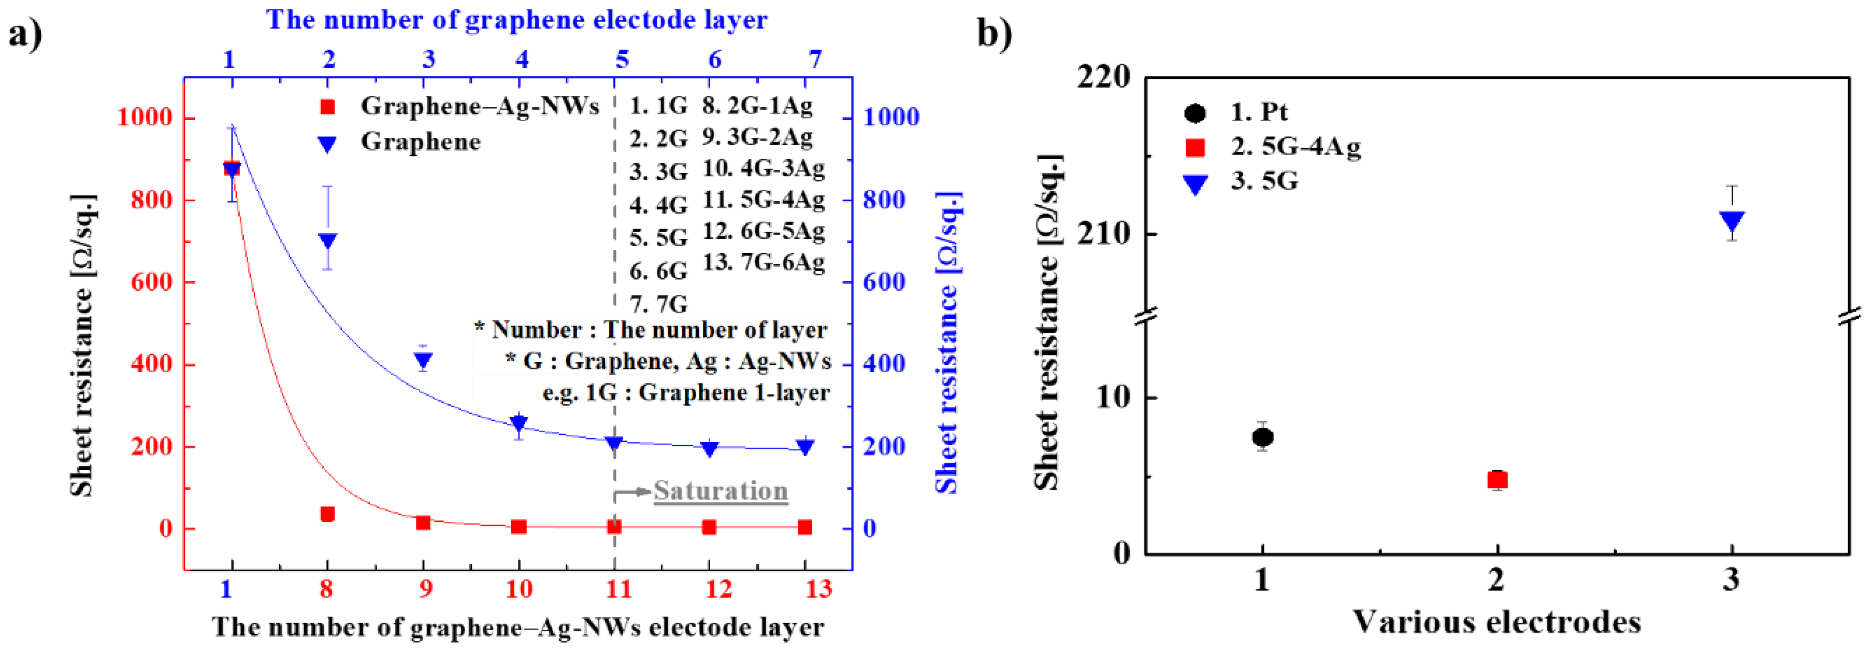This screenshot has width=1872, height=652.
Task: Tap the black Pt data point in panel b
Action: tap(1262, 437)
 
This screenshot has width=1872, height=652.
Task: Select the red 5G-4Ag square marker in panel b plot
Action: tap(1497, 480)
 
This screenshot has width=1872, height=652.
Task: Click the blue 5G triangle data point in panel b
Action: tap(1733, 221)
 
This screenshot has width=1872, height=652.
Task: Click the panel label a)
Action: tap(25, 34)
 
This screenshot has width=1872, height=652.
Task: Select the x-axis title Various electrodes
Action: tap(1497, 622)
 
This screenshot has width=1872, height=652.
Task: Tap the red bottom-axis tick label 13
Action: tap(818, 588)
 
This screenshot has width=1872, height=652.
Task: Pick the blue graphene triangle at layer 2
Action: tap(328, 240)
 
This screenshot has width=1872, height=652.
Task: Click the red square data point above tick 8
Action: tap(328, 514)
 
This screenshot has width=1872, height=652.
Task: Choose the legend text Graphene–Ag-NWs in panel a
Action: tap(480, 107)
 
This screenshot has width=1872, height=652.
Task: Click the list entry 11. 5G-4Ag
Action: tap(763, 199)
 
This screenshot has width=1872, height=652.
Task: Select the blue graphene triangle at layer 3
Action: tap(424, 360)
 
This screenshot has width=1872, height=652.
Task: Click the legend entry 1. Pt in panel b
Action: tap(1259, 112)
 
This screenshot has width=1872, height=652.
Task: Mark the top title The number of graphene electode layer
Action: tap(516, 20)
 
